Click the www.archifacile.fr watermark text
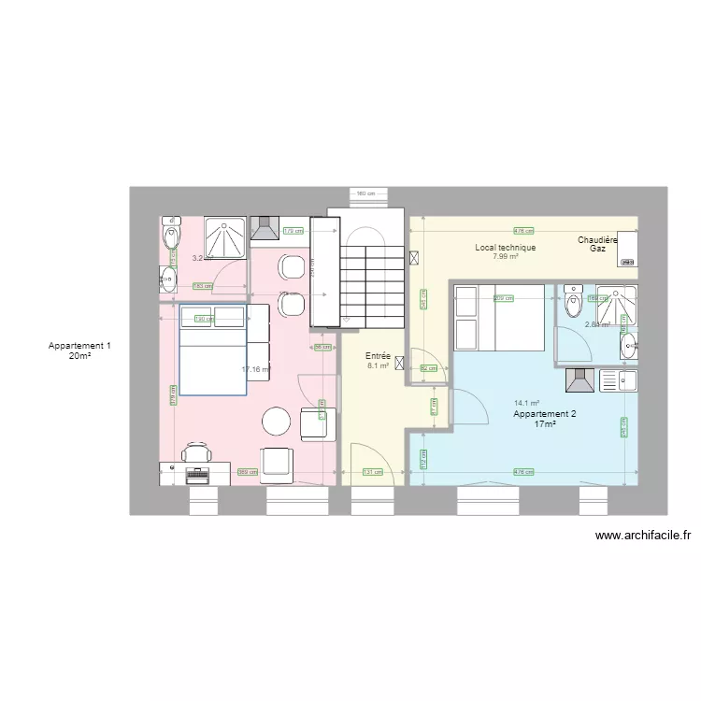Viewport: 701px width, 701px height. coord(642,536)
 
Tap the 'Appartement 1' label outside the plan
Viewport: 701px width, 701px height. coord(79,346)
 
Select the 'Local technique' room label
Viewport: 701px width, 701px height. coord(505,248)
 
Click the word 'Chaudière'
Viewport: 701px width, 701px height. coord(598,240)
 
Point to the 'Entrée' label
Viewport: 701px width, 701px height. coord(378,356)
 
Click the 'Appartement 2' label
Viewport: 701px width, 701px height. coord(545,414)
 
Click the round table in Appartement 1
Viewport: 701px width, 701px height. coord(277,422)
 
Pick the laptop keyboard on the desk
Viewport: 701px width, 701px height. coord(198,474)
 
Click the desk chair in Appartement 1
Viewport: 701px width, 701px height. coord(196,454)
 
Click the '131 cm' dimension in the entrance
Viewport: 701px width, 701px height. coord(371,472)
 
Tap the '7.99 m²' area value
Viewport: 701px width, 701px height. coord(505,256)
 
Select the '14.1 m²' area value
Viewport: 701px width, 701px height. coord(526,404)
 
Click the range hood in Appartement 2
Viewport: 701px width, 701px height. coord(579,379)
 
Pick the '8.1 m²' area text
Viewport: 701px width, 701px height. coord(378,365)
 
